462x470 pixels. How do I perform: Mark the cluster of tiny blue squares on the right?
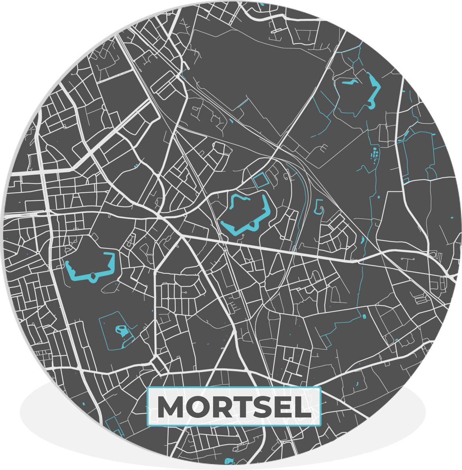click(x=375, y=154)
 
